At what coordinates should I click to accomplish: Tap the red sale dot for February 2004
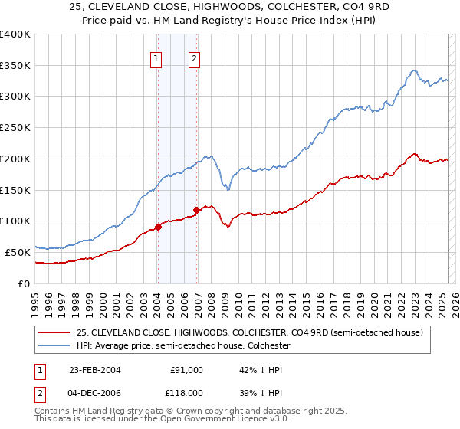[158, 226]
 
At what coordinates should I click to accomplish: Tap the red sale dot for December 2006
[197, 209]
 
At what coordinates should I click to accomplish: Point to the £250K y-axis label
[15, 128]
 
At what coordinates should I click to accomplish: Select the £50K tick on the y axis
[18, 252]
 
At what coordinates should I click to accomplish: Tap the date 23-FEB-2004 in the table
[94, 370]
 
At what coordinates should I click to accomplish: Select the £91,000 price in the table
[186, 370]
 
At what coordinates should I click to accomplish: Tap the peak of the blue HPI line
[414, 70]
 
